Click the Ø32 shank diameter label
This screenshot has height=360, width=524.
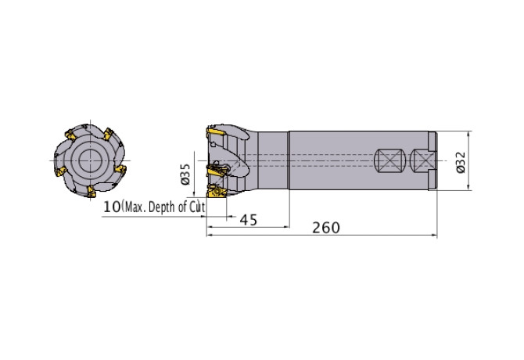(x=461, y=162)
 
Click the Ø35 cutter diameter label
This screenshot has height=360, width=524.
(x=185, y=174)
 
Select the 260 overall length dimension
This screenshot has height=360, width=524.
(x=326, y=228)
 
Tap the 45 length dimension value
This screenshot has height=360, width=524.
(x=249, y=220)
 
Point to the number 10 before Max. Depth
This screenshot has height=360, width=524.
(x=112, y=207)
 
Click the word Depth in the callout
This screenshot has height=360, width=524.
(x=161, y=207)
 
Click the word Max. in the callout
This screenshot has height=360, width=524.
(x=135, y=207)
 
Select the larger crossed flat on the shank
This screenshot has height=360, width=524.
(x=389, y=160)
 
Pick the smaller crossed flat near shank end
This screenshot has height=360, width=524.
(x=423, y=160)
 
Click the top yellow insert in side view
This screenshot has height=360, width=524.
(x=216, y=132)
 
